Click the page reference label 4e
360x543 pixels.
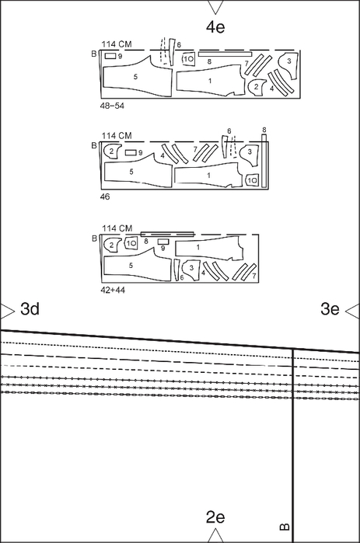[x=215, y=27]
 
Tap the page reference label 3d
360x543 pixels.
[x=30, y=308]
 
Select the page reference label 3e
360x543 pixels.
[x=330, y=308]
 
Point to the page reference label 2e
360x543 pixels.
[x=215, y=517]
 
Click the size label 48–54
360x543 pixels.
[x=112, y=106]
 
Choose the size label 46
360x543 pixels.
[x=105, y=197]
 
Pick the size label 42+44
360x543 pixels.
[x=113, y=290]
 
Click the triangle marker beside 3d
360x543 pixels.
[x=7, y=312]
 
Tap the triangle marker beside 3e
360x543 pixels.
[x=353, y=311]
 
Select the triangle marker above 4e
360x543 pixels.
[x=215, y=7]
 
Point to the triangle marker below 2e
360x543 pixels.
[x=215, y=535]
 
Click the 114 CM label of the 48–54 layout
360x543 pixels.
[x=117, y=44]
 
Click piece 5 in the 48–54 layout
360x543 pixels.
[x=137, y=77]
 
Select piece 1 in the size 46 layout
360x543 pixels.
[x=208, y=176]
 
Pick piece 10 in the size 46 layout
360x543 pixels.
[x=252, y=180]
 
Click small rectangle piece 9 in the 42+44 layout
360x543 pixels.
[x=163, y=242]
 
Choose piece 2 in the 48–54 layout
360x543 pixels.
[x=257, y=87]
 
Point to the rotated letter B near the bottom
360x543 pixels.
[x=285, y=527]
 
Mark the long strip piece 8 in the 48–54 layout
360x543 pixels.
[x=225, y=54]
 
